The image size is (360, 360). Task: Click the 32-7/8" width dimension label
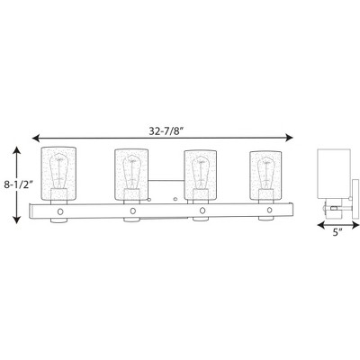[x=166, y=131]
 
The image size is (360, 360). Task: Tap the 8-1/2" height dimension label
[x=18, y=185]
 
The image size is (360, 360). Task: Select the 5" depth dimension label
[x=337, y=232]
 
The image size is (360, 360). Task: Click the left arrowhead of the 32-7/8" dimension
[x=36, y=138]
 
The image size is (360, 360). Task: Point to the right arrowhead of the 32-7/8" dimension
[x=289, y=138]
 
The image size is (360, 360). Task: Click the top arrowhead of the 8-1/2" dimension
[x=17, y=150]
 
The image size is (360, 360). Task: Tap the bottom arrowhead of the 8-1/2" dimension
[x=17, y=220]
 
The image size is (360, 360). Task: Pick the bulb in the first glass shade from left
[x=59, y=171]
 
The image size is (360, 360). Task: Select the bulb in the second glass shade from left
[x=131, y=172]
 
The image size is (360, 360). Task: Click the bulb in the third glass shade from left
[x=200, y=173]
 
